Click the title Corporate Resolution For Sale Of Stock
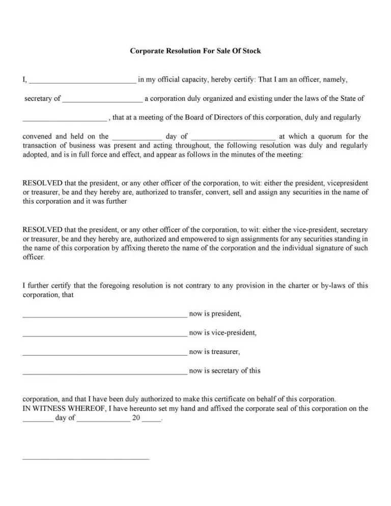pos(195,51)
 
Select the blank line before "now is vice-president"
pos(105,334)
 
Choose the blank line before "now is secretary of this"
pos(105,372)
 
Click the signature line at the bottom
pos(86,458)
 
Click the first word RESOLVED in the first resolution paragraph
pos(43,183)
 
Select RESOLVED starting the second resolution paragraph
pos(43,230)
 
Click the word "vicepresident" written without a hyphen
pos(348,183)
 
